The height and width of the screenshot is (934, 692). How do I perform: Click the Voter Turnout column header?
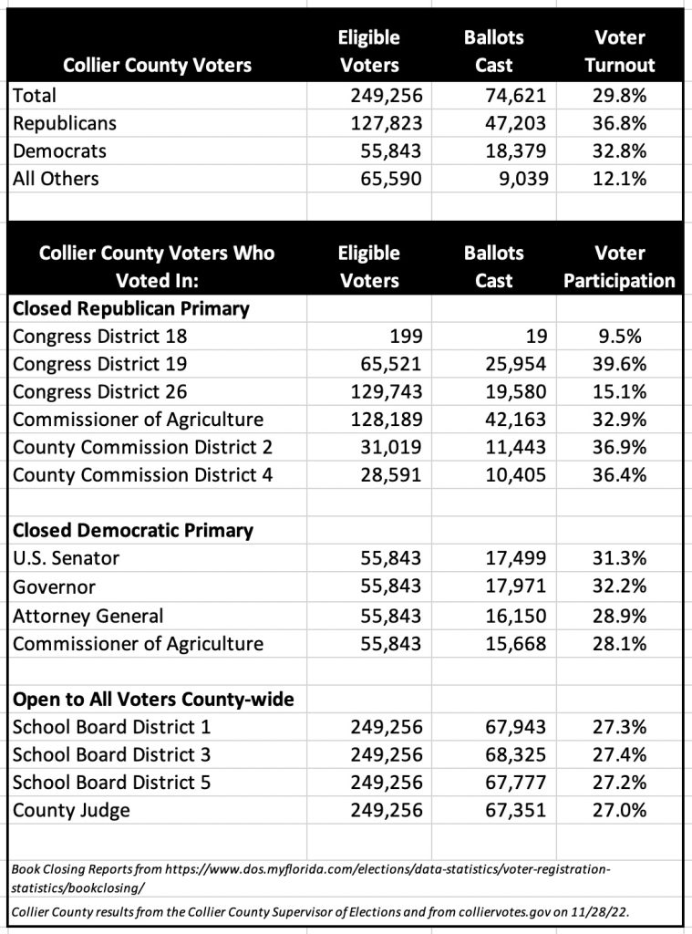pyautogui.click(x=619, y=51)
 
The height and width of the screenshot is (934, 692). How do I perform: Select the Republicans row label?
pyautogui.click(x=65, y=122)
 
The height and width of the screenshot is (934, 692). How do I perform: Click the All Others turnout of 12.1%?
pyautogui.click(x=619, y=179)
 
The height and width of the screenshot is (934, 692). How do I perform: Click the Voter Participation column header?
pyautogui.click(x=619, y=266)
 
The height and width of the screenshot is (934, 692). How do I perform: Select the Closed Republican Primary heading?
pyautogui.click(x=130, y=308)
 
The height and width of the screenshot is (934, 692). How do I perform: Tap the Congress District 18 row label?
pyautogui.click(x=99, y=336)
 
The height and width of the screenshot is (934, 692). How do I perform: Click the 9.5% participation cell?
pyautogui.click(x=619, y=336)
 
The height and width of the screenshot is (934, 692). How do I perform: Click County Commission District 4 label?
pyautogui.click(x=142, y=475)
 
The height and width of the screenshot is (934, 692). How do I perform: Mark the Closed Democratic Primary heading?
pyautogui.click(x=132, y=531)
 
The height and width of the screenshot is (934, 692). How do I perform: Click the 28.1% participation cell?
pyautogui.click(x=619, y=644)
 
